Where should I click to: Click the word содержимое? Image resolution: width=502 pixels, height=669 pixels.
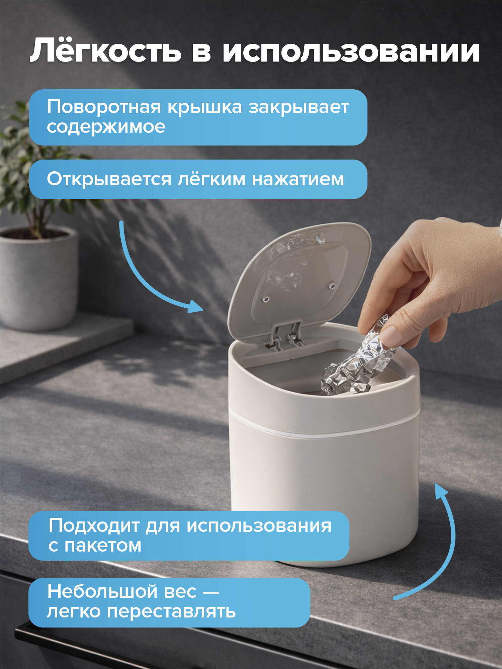pyautogui.click(x=106, y=127)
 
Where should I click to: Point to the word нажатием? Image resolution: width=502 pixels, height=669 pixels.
pyautogui.click(x=298, y=179)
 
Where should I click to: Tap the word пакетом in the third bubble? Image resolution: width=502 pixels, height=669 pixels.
pyautogui.click(x=103, y=546)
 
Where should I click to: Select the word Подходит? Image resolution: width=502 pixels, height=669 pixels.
pyautogui.click(x=94, y=525)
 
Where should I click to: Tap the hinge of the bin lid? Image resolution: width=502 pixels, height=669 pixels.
pyautogui.click(x=284, y=336)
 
